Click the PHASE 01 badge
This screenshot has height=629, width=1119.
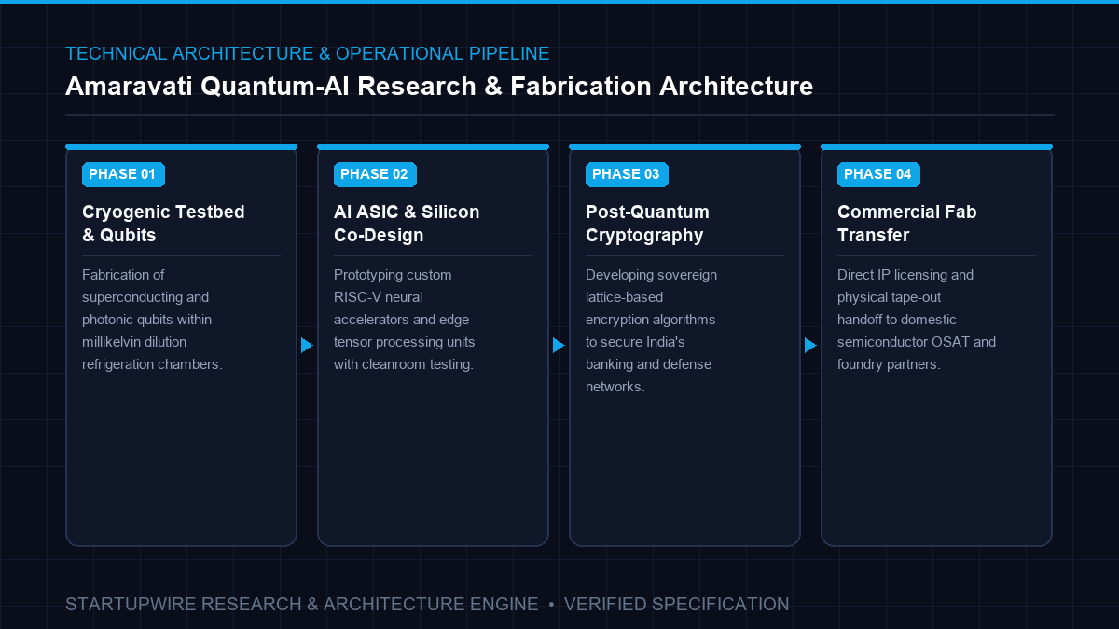coord(123,174)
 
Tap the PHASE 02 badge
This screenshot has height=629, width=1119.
coord(375,174)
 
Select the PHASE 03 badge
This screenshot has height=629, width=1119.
coord(627,174)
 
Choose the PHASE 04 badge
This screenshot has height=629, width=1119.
coord(878,174)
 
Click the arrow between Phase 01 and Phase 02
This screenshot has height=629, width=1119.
coord(307,345)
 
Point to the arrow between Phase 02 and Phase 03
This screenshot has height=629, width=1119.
coord(559,345)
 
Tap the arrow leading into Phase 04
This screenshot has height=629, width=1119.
coord(810,345)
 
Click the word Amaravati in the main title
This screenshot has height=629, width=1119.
coord(129,87)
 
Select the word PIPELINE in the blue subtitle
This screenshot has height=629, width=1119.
coord(509,53)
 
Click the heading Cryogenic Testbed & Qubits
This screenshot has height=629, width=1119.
coord(163,223)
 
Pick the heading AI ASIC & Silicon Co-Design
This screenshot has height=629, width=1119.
coord(407,223)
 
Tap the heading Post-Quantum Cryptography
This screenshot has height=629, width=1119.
coord(647,223)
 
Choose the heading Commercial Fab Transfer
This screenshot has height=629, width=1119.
coord(907,223)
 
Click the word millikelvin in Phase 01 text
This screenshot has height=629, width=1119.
coord(134,342)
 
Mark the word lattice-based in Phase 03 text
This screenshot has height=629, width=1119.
coord(625,297)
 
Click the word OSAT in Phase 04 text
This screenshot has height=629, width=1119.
coord(950,342)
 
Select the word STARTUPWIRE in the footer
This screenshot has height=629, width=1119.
coord(131,604)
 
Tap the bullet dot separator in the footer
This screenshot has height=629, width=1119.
coord(551,605)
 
